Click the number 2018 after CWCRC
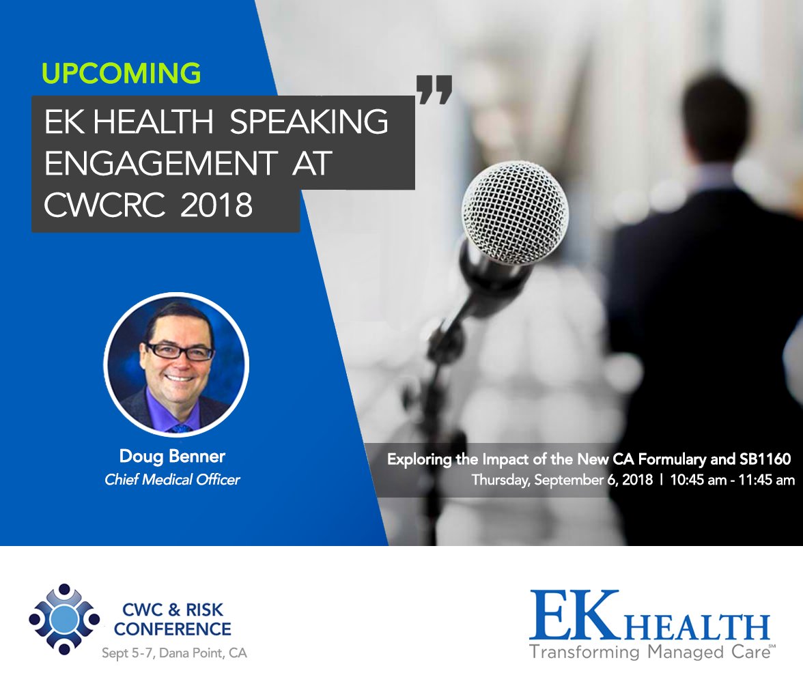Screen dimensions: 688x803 click(216, 206)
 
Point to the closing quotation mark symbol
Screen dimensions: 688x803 click(434, 90)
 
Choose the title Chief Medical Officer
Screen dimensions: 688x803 click(172, 480)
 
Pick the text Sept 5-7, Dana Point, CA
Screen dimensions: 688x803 click(174, 653)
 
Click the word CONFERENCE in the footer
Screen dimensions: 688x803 click(172, 628)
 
